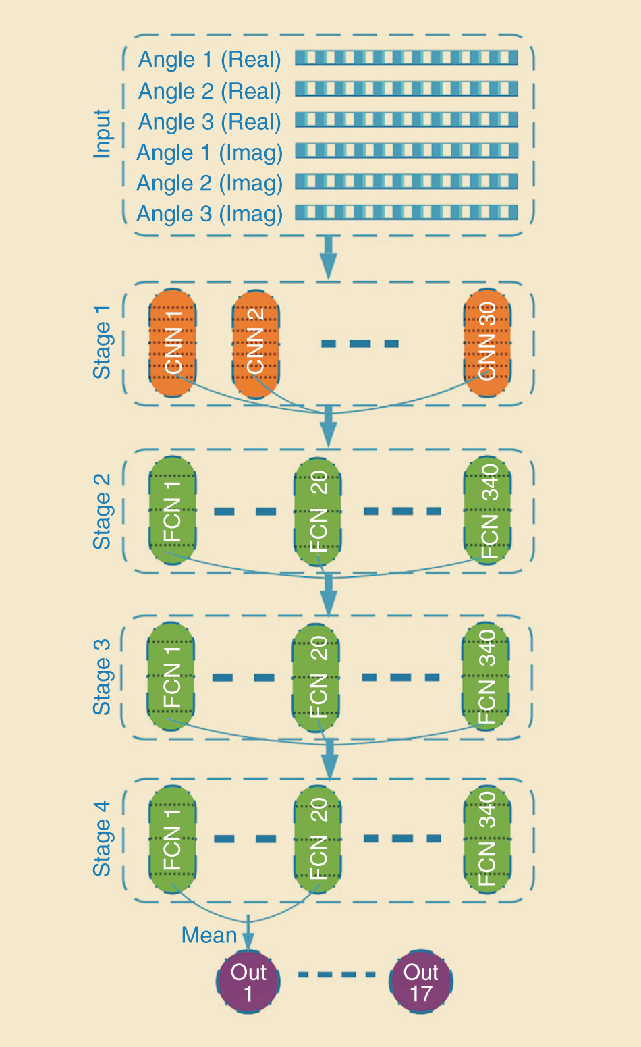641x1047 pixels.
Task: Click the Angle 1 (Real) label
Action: pos(209,60)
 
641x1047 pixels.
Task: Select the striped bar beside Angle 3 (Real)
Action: pos(406,120)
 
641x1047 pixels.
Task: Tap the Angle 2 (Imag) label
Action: pos(209,183)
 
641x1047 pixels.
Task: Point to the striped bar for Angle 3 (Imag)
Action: pos(406,213)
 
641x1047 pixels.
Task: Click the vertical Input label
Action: pos(102,134)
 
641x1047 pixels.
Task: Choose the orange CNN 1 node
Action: pos(173,342)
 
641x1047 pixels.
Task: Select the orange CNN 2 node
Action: pos(256,344)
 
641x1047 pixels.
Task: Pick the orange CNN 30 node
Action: pos(487,342)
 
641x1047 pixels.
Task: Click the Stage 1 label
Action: pos(102,342)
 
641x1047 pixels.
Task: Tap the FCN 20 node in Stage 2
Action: pos(318,511)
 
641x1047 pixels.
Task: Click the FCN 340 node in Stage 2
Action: pos(488,511)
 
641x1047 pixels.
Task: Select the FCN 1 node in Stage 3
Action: pos(171,676)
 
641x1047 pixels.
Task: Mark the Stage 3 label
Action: pos(102,677)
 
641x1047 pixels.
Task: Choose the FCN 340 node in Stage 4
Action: pos(487,838)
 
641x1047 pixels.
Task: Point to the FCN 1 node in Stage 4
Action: pos(172,838)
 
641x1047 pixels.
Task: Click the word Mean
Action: pos(209,936)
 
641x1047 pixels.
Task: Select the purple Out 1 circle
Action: pos(248,982)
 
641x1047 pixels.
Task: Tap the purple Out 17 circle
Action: pos(421,982)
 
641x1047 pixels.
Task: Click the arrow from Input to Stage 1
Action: pos(329,257)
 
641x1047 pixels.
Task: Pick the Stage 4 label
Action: pos(102,838)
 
